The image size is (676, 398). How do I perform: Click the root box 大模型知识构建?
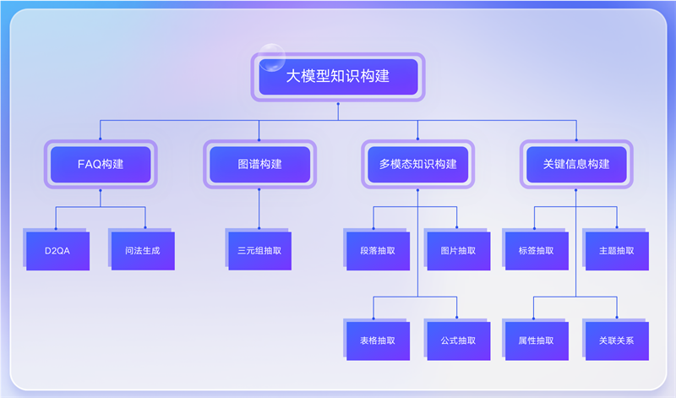[338, 77]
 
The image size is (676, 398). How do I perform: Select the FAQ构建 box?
[101, 164]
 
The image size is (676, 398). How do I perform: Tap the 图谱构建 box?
[259, 164]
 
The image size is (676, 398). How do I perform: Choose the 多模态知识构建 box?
[417, 164]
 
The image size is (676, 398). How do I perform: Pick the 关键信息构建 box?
[576, 164]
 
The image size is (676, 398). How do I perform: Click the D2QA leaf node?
[57, 251]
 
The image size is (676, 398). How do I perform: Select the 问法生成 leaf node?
[143, 251]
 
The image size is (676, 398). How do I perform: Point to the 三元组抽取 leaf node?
[260, 251]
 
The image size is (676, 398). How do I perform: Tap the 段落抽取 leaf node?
[378, 251]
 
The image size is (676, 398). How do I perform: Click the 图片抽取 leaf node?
[459, 251]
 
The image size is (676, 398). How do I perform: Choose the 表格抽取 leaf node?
[378, 341]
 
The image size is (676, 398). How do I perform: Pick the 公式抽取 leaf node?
[459, 341]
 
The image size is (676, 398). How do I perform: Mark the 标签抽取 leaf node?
[537, 251]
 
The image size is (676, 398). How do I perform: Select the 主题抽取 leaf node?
[617, 251]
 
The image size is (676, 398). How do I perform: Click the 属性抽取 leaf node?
[537, 341]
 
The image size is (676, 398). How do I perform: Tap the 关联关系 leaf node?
[617, 341]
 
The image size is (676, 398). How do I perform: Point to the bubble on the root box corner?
[272, 57]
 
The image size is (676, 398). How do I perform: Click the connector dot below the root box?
[338, 104]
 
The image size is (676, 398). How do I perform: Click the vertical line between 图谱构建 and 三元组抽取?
[259, 209]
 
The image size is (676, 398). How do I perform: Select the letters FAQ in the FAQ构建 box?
[90, 164]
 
